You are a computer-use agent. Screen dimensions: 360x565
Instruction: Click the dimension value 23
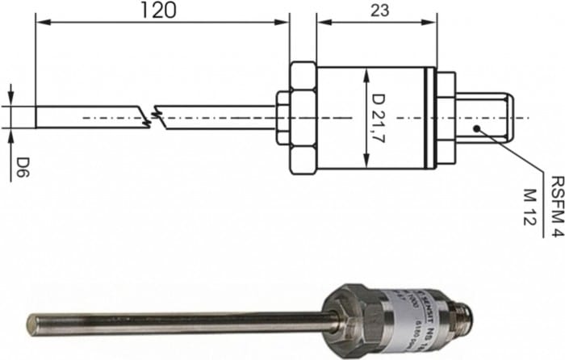tap(376, 11)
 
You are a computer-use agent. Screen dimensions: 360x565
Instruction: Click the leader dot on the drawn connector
tap(477, 128)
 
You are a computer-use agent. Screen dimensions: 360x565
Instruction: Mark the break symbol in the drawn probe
tap(157, 118)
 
